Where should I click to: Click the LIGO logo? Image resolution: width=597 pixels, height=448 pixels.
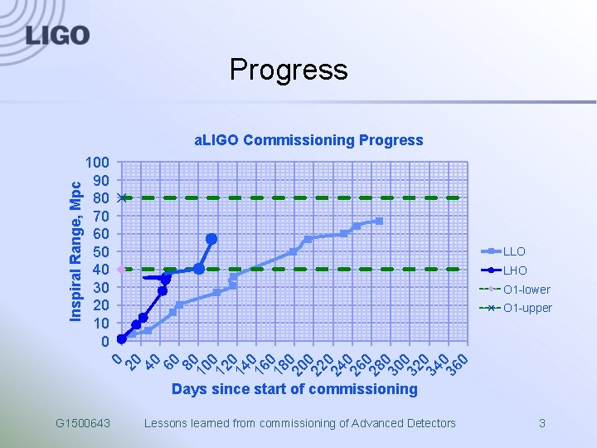tap(57, 35)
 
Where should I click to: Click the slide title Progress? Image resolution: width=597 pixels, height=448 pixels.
tap(289, 70)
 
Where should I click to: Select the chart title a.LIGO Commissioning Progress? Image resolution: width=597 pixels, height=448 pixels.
tap(308, 140)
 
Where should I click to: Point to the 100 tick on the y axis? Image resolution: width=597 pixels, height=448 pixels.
tap(98, 163)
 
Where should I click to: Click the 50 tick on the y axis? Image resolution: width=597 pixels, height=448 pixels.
tap(101, 251)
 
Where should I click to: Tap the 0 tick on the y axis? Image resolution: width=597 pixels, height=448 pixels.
tap(105, 341)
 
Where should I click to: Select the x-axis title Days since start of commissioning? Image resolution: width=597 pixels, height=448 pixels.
tap(294, 389)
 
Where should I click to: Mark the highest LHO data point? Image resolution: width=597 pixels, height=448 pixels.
tap(211, 239)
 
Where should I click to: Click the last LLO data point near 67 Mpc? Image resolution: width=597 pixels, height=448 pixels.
tap(379, 221)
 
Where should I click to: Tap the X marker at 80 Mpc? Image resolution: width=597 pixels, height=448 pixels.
tap(121, 197)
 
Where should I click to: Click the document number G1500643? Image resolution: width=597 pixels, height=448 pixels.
tap(83, 424)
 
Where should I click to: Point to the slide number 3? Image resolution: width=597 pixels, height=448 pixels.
tap(541, 424)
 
